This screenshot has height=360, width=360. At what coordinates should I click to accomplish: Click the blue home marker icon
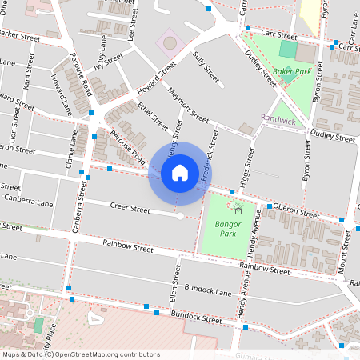click(x=180, y=173)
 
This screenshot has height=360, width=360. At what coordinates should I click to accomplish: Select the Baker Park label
click(x=290, y=71)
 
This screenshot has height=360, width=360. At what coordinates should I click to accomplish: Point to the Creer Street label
click(x=129, y=210)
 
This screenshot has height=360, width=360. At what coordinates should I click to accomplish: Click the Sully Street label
click(x=206, y=67)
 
